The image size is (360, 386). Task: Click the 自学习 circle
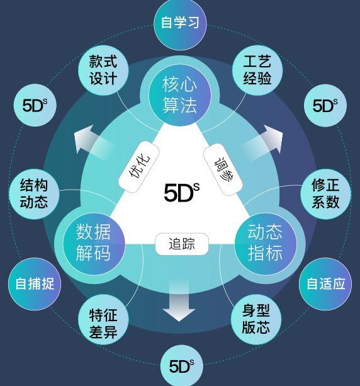tap(180, 24)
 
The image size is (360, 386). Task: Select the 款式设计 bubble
tap(103, 70)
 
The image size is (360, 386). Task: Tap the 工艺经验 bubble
tap(257, 70)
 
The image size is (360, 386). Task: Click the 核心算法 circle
tap(180, 95)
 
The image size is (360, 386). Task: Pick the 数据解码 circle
tap(94, 244)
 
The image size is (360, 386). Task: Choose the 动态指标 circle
tap(266, 244)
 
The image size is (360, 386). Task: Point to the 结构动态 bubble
tap(34, 194)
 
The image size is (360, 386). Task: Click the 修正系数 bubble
tap(325, 194)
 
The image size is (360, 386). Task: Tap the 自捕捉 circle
tap(35, 284)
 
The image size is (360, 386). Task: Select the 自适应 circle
tap(325, 284)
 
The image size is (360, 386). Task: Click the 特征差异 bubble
tap(103, 319)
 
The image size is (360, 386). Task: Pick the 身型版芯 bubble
tap(256, 319)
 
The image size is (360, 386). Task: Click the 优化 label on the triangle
tap(139, 167)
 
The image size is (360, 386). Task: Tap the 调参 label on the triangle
tap(223, 169)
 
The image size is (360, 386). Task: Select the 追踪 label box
tap(182, 244)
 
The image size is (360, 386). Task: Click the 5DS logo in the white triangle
tap(182, 193)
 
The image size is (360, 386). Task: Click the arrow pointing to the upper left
tap(94, 143)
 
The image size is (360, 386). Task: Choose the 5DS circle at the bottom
tap(182, 366)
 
